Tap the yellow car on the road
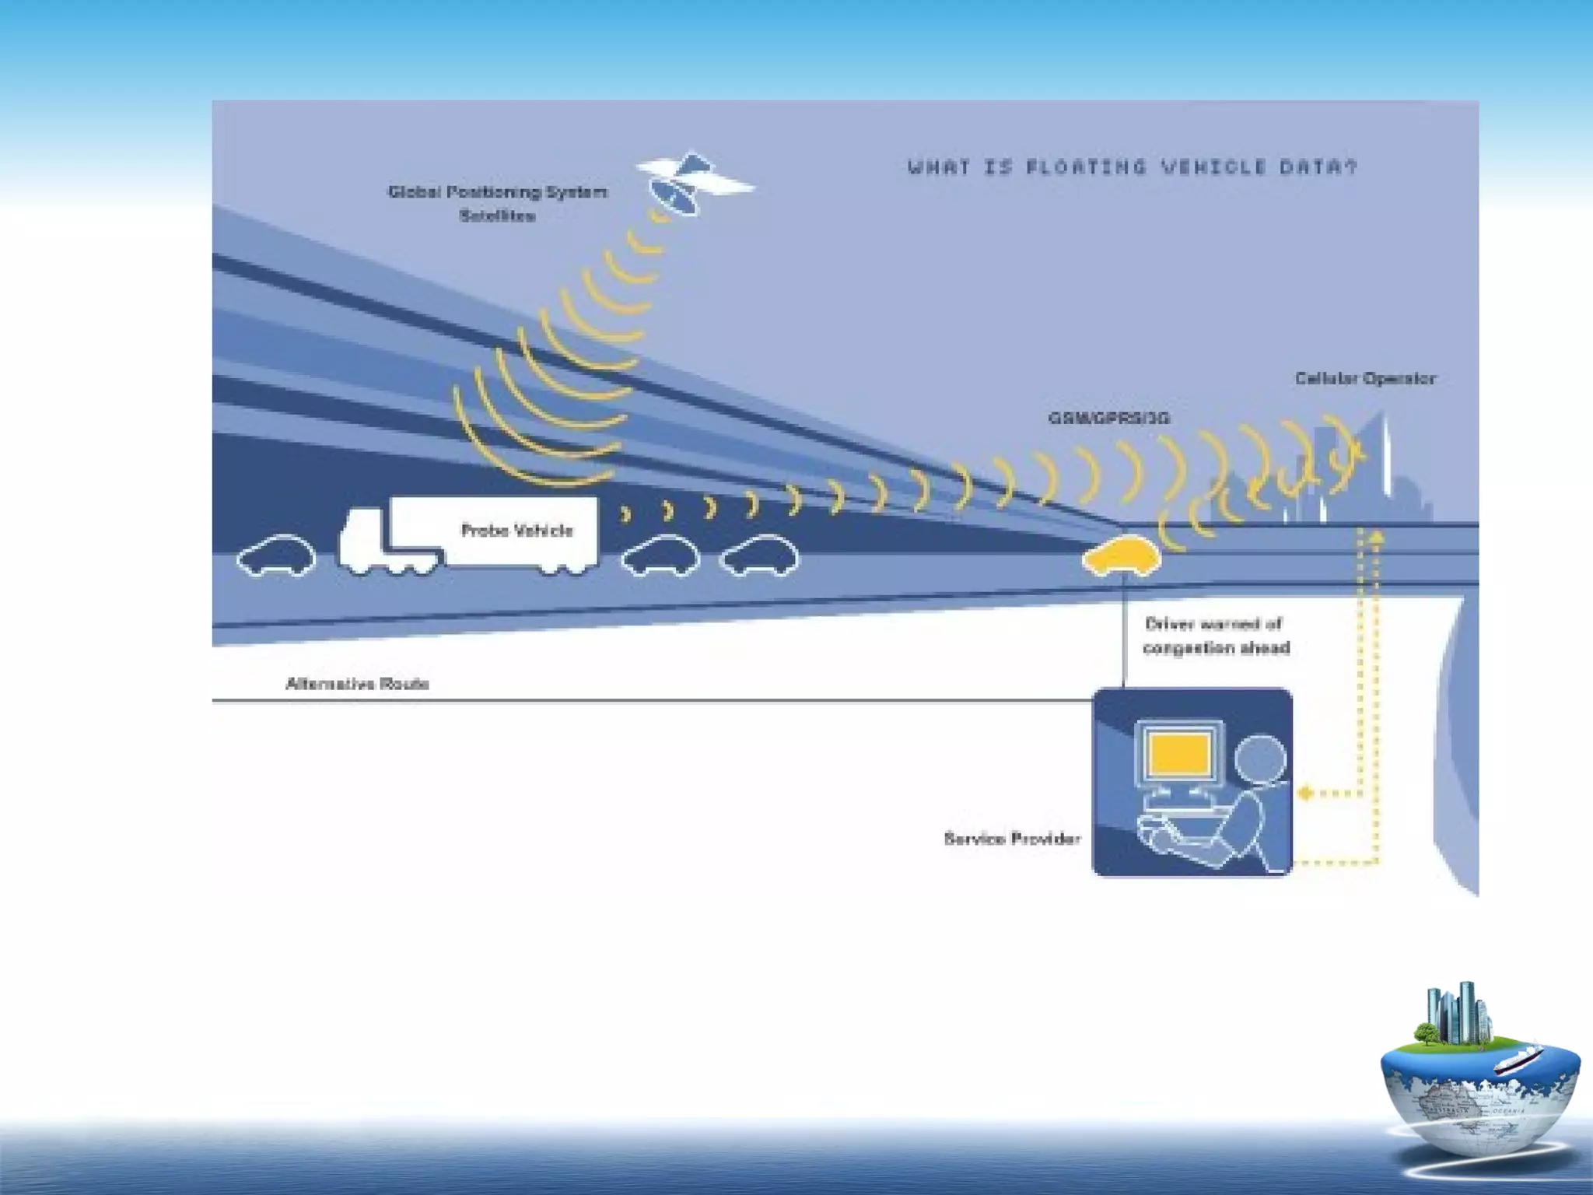[1122, 555]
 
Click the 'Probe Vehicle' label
[517, 531]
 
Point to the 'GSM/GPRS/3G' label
[1108, 419]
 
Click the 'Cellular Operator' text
[1365, 379]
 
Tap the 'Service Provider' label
[1012, 839]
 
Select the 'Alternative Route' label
[357, 684]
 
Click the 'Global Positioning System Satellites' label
[498, 203]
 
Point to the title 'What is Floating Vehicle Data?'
[1132, 167]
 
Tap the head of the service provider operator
[1260, 759]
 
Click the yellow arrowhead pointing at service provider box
[1306, 794]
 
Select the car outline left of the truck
[277, 555]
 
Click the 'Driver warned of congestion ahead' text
[1215, 636]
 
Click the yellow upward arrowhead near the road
[1376, 536]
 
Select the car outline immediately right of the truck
[660, 555]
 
